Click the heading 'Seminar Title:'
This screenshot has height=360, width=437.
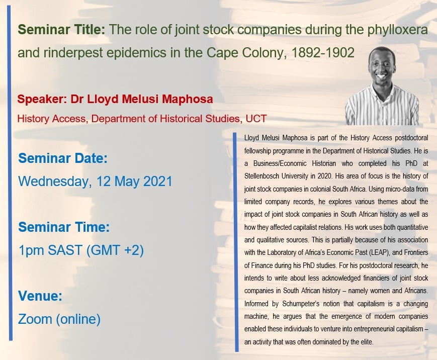coord(61,30)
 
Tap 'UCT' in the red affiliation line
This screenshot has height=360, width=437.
coord(256,119)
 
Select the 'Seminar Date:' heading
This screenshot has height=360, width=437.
coord(63,158)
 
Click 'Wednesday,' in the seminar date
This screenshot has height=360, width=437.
coord(55,182)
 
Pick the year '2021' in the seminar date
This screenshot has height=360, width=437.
coord(157,181)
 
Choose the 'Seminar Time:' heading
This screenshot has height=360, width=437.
coord(64,227)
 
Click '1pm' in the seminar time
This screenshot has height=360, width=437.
coord(30,250)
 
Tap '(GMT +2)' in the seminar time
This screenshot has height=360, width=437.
coord(115,250)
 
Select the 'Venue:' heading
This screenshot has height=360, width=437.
coord(40,296)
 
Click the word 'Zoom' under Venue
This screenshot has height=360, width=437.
coord(35,319)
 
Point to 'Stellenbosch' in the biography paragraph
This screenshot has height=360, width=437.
coord(261,176)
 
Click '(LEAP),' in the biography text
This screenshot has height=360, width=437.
coord(379,252)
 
